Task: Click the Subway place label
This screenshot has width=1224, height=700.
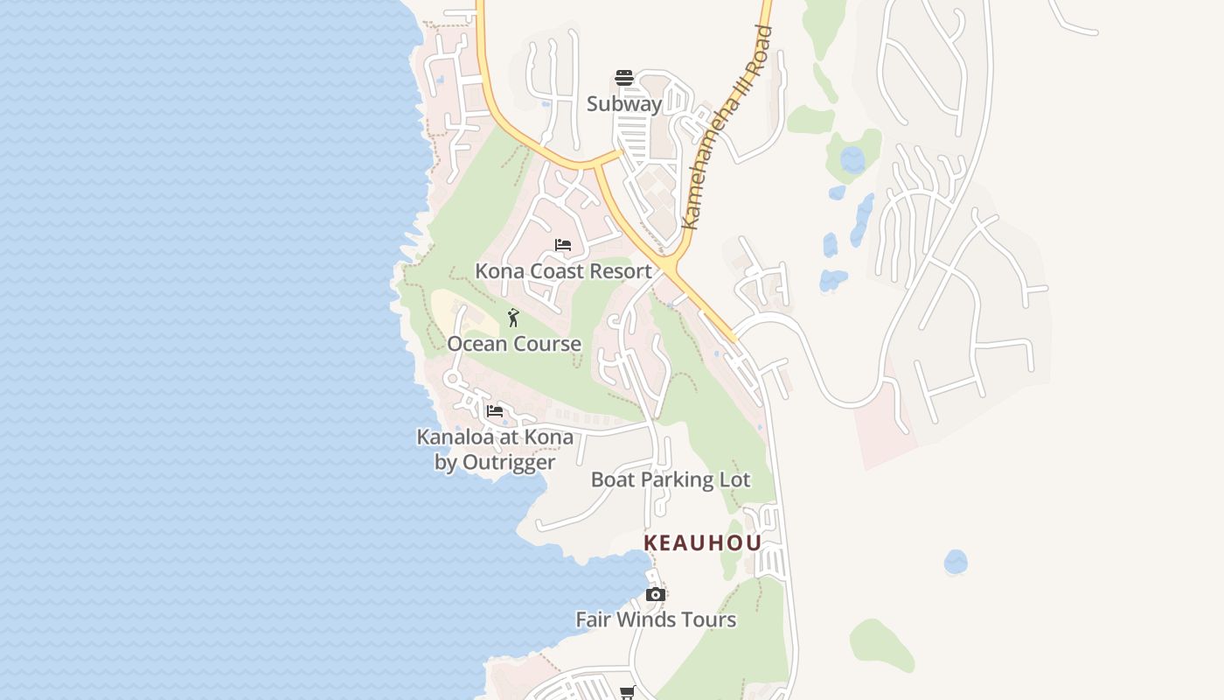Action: click(x=624, y=103)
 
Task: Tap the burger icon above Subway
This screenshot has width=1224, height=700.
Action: click(x=623, y=78)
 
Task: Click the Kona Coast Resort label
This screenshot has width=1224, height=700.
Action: click(x=563, y=270)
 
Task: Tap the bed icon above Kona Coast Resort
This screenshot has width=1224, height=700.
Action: click(x=563, y=245)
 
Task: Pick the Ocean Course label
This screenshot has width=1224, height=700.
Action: click(x=514, y=343)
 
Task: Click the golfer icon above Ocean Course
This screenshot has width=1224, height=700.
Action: click(x=513, y=318)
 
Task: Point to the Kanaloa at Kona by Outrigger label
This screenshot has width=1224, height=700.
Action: click(x=495, y=449)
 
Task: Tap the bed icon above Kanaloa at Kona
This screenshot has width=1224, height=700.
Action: click(x=495, y=410)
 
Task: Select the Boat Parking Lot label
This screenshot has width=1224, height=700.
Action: click(x=671, y=479)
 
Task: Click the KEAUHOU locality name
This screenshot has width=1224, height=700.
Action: click(x=703, y=542)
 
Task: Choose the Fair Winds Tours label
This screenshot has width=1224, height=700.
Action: click(x=656, y=619)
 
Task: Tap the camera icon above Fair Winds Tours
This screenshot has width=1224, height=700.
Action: click(x=655, y=595)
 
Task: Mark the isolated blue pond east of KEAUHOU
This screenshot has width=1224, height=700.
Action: click(x=956, y=562)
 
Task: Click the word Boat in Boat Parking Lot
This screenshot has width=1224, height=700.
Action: click(x=612, y=479)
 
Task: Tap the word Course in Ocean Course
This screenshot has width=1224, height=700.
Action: click(x=546, y=343)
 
